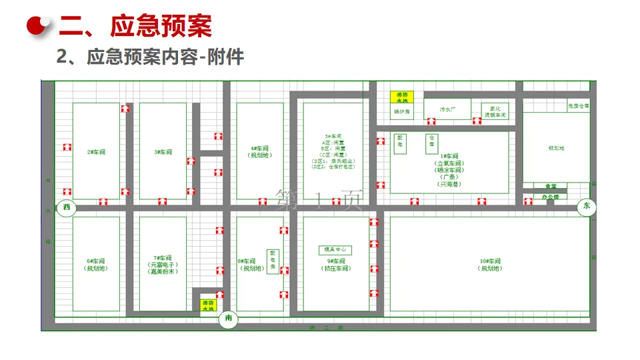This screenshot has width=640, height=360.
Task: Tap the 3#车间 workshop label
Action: (x=163, y=152)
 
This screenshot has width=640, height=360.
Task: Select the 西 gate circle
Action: (x=66, y=208)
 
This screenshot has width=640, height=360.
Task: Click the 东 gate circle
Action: (x=587, y=207)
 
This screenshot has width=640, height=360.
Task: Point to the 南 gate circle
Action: (x=229, y=319)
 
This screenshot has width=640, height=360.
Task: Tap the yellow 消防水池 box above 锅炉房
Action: (x=402, y=97)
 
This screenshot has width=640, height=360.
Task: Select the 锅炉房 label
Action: (x=402, y=111)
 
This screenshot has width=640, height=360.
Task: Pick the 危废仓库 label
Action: (x=577, y=106)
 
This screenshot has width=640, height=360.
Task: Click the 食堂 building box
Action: (x=551, y=187)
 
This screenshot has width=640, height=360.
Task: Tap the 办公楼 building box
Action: (x=551, y=197)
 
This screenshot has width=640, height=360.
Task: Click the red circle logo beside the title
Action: (x=39, y=24)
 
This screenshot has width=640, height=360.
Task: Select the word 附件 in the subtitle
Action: (x=226, y=57)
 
